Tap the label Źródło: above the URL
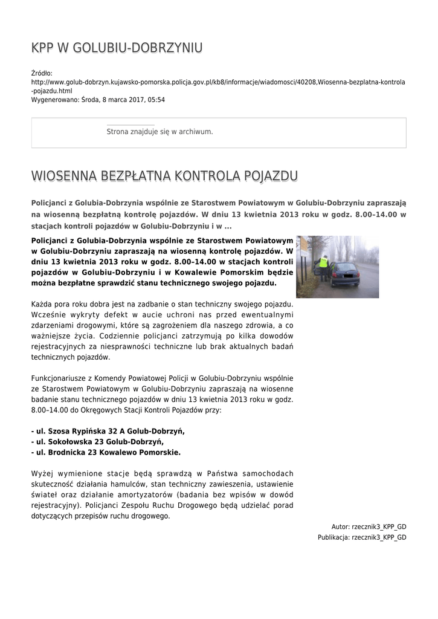coord(42,73)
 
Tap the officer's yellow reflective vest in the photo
coord(324,263)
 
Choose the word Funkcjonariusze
coord(63,377)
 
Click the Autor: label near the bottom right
coord(341,527)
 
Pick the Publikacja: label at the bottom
coord(333,537)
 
